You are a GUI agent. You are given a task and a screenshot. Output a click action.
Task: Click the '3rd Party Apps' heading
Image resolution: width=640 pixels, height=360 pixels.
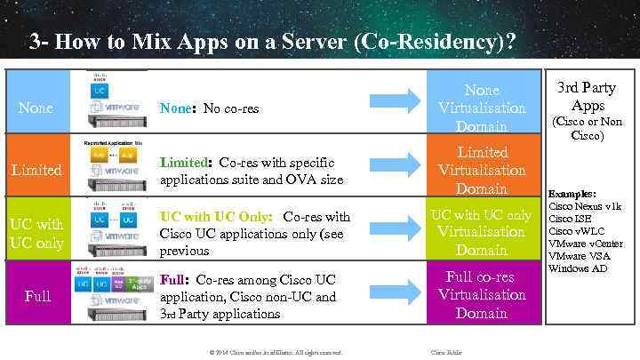(x=586, y=96)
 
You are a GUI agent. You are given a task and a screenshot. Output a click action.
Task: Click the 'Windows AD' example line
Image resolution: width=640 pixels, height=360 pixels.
(x=579, y=268)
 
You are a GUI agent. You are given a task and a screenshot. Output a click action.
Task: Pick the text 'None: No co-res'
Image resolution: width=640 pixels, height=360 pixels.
(x=210, y=108)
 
